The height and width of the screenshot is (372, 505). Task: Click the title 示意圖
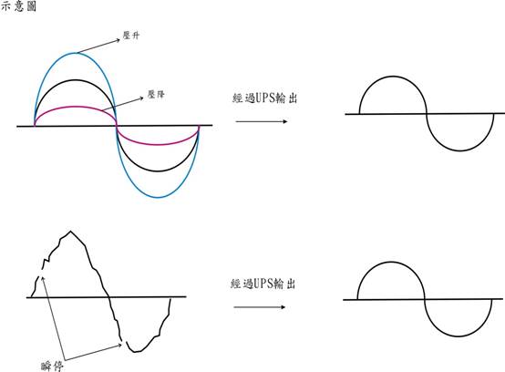pos(18,6)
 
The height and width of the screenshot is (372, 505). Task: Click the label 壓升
pos(131,36)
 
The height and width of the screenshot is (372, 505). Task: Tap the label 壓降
pos(156,94)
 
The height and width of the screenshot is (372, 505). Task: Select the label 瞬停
pos(52,367)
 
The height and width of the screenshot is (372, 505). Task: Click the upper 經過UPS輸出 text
pos(264,98)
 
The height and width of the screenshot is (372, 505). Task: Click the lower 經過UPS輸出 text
pos(263,284)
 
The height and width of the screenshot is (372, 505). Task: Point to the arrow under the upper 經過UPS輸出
pos(262,121)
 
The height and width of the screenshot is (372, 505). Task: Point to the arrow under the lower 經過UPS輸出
pos(260,307)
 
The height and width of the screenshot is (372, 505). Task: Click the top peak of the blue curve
pos(75,53)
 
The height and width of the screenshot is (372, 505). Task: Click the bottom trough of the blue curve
pos(158,197)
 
